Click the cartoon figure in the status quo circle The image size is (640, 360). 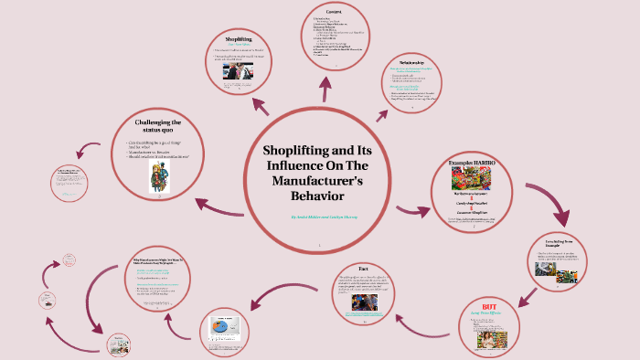[x=157, y=177]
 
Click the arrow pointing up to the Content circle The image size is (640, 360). [x=325, y=85]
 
